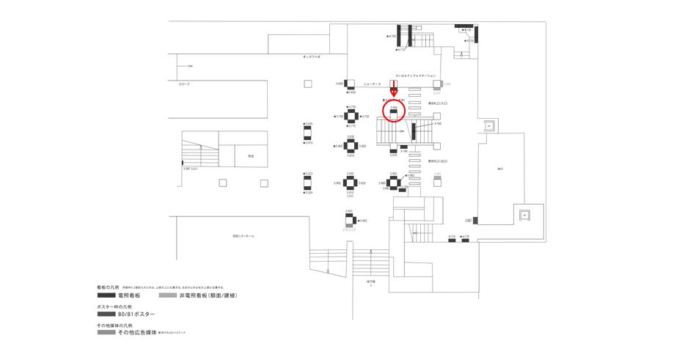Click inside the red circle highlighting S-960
pos(394,111)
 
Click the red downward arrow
pos(394,89)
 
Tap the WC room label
pos(500,169)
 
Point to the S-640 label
pos(340,84)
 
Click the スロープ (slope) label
pos(184,84)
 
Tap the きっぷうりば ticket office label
pos(312,56)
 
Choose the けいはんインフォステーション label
pos(415,76)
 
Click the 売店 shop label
pos(251,156)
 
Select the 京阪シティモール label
pos(243,236)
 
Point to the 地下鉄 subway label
pos(371,281)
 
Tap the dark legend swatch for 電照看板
pos(106,295)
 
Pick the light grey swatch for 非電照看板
pos(167,295)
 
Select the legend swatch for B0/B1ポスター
pos(106,314)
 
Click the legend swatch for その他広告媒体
pos(106,332)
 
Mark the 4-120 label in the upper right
pos(467,30)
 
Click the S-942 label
pos(362,221)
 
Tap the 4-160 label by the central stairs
pos(438,124)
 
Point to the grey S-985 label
pos(437,175)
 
